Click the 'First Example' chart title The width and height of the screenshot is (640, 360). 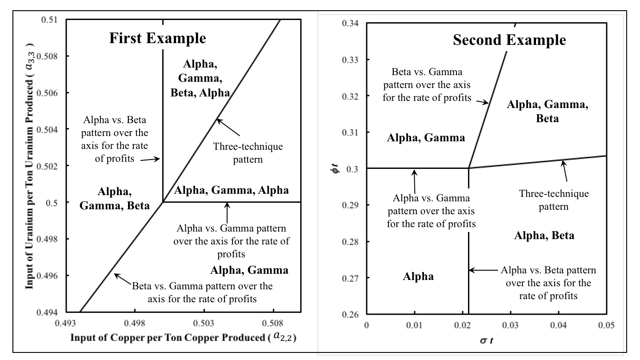point(158,39)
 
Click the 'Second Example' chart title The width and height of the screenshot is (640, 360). point(509,40)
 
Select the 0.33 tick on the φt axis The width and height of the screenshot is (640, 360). point(352,60)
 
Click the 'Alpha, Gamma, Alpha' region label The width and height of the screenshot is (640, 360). point(231,191)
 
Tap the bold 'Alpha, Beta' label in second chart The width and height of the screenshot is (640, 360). point(544,236)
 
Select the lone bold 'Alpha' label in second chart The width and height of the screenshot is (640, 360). point(418,276)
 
